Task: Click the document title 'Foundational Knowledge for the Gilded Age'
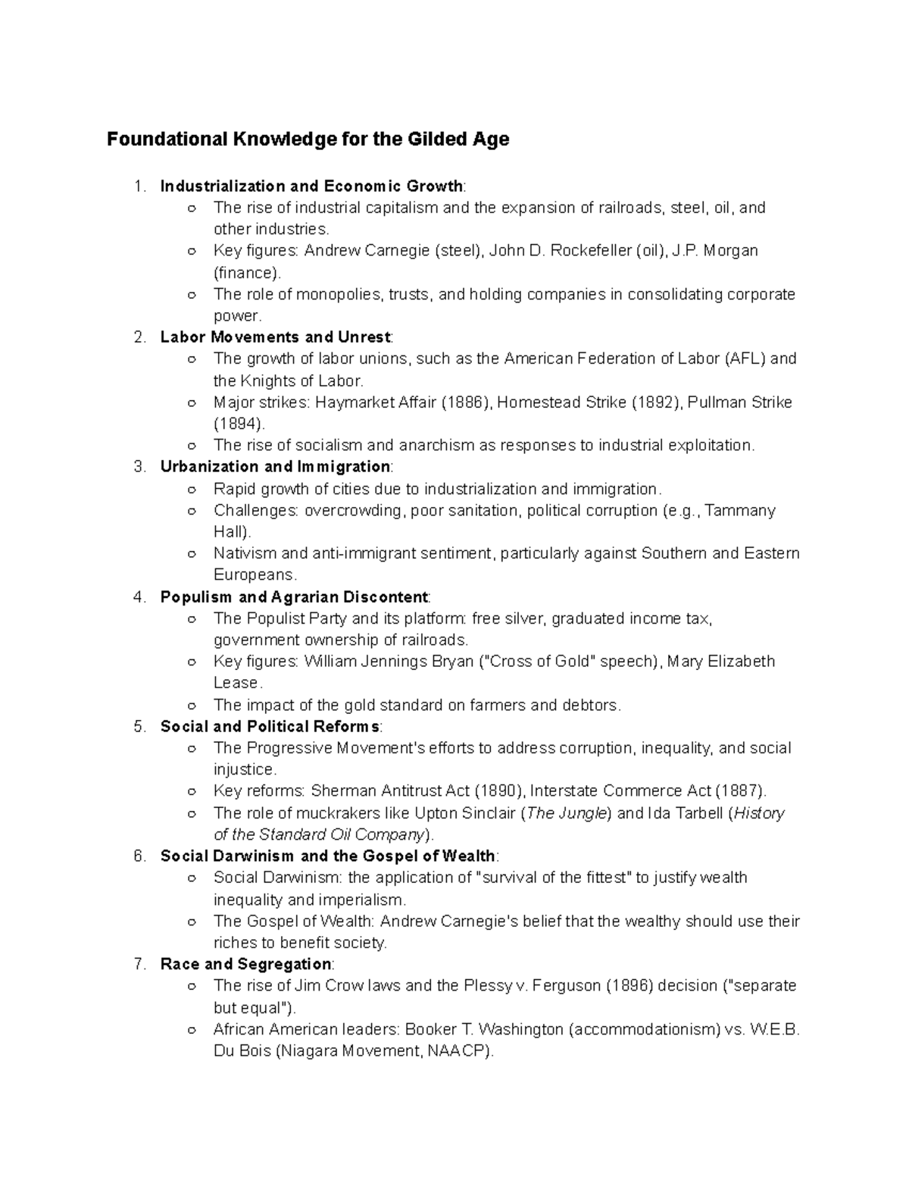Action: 308,139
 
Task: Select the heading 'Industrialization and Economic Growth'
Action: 311,186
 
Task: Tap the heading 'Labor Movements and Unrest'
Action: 276,337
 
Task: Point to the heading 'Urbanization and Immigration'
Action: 276,467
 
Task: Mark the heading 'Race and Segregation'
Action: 245,964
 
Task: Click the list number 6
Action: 139,856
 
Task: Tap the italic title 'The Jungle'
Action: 567,813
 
